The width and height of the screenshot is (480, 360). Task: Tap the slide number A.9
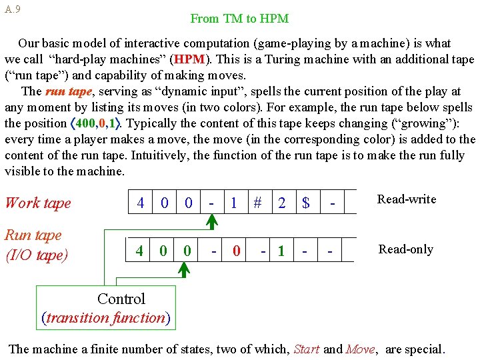coord(12,9)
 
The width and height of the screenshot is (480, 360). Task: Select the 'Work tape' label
coord(38,203)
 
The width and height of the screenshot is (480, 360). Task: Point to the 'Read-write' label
coord(407,199)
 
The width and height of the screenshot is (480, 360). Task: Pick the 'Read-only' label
coord(406,249)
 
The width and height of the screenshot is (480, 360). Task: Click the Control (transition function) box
coord(106,308)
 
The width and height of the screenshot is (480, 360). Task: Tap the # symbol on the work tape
coord(257,203)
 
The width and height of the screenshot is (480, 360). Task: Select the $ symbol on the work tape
coord(305,203)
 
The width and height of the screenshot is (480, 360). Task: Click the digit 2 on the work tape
coord(282,203)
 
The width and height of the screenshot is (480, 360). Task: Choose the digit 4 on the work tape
coord(141,203)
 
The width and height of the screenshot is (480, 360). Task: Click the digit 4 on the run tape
coord(139,251)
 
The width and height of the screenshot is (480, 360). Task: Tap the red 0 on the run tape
coord(236,251)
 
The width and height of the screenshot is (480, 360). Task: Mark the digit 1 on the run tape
coord(281,251)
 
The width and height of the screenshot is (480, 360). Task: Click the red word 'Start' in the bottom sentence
coord(307,349)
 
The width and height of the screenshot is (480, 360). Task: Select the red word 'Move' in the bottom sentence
coord(361,349)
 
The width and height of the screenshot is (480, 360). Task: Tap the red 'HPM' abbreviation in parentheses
coord(190,59)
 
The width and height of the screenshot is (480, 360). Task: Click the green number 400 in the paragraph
coord(85,123)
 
